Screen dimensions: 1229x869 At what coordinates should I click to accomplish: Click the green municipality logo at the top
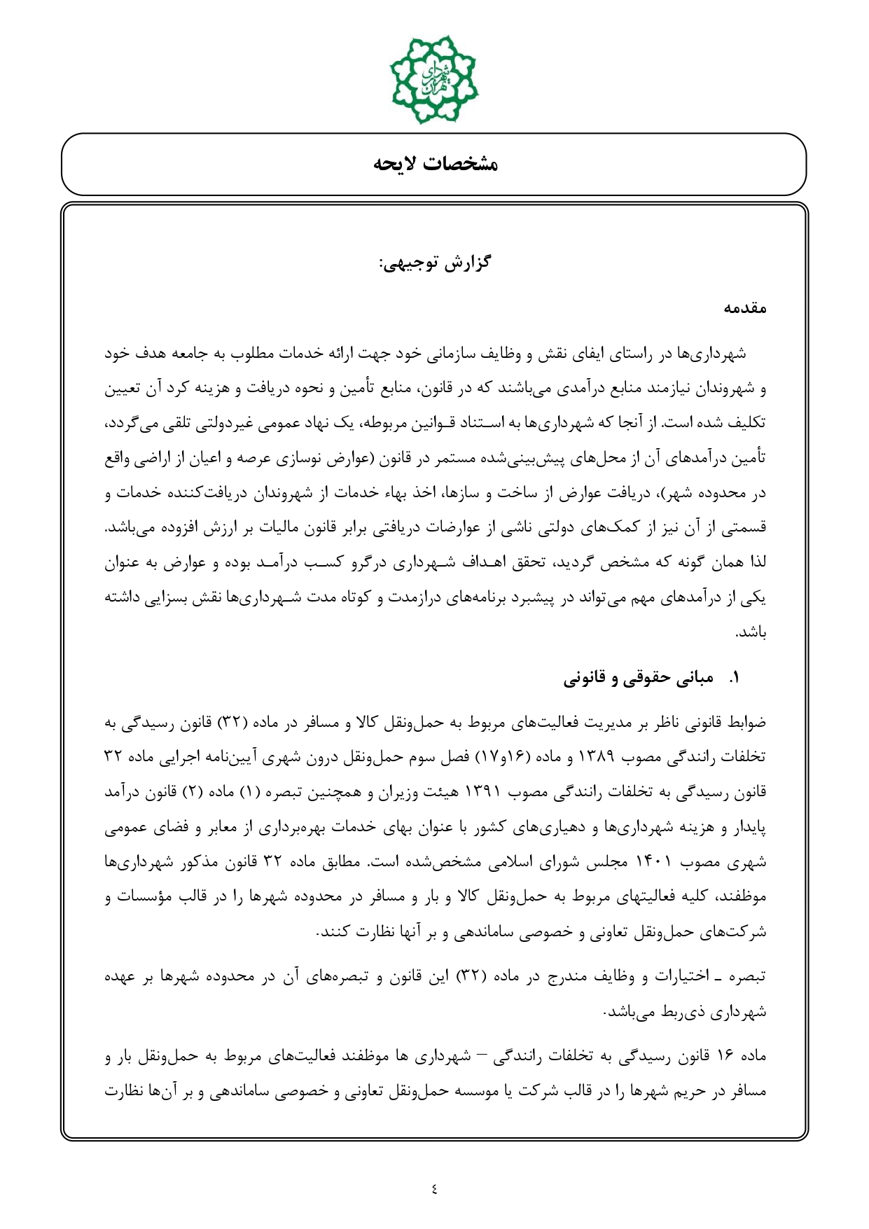[x=434, y=78]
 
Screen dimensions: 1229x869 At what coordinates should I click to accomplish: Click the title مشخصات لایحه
[x=435, y=165]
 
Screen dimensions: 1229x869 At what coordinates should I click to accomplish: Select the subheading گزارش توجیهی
[x=435, y=263]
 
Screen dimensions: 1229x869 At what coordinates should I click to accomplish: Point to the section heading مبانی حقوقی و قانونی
[x=639, y=678]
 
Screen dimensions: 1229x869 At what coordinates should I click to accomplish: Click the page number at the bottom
[x=434, y=1188]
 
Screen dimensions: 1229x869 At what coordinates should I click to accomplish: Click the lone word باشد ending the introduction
[x=751, y=633]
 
